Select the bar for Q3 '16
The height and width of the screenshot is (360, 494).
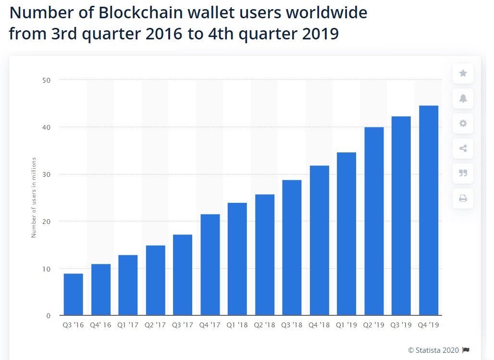tap(73, 294)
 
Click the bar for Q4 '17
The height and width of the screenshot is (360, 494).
tap(210, 264)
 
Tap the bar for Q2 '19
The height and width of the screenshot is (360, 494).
tap(374, 221)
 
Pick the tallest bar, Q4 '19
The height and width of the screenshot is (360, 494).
tap(429, 210)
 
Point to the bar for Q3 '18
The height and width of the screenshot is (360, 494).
tap(292, 248)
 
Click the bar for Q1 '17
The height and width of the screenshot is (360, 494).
tap(128, 285)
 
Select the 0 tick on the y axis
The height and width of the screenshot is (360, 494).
tap(49, 316)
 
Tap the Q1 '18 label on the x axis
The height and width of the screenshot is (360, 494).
tap(237, 325)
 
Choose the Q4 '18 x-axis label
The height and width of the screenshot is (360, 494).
tap(320, 325)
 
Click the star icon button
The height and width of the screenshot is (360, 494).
tap(463, 74)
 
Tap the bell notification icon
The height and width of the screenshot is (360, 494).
tap(463, 99)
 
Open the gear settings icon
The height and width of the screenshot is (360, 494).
tap(463, 124)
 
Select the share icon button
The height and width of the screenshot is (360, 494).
tap(463, 149)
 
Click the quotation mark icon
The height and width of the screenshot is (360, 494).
tap(463, 173)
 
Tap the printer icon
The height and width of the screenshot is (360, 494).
tap(463, 198)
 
